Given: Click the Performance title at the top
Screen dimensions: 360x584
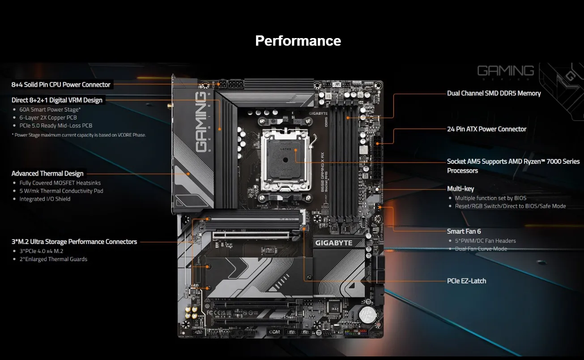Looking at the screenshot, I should (x=298, y=41).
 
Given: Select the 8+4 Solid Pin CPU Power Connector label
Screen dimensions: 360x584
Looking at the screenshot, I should (x=61, y=85).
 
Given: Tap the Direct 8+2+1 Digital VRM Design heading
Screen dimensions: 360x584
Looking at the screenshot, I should (x=57, y=100).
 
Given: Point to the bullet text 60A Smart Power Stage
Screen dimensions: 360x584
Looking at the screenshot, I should (x=50, y=109).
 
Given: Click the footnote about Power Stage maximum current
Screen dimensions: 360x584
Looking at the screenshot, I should (x=79, y=135).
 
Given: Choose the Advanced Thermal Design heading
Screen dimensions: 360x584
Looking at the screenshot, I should (x=47, y=173).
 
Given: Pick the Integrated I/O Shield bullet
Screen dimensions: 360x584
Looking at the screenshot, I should (x=45, y=199).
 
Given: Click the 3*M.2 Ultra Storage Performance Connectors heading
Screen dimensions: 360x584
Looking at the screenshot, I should (x=74, y=241).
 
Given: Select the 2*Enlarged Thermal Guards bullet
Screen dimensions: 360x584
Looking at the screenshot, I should (x=53, y=259).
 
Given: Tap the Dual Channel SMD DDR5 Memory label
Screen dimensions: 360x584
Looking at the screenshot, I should (x=494, y=93).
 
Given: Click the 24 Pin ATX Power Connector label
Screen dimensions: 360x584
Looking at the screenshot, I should (x=486, y=129).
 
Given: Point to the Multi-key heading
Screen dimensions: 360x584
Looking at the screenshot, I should (x=460, y=189).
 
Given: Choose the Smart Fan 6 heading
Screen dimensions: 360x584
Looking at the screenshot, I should (x=464, y=231).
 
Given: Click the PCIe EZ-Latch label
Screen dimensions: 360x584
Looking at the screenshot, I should (x=466, y=281).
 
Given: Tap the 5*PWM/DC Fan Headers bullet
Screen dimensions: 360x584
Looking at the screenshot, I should (x=485, y=240).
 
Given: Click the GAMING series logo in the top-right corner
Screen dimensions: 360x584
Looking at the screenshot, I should (x=505, y=71).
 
